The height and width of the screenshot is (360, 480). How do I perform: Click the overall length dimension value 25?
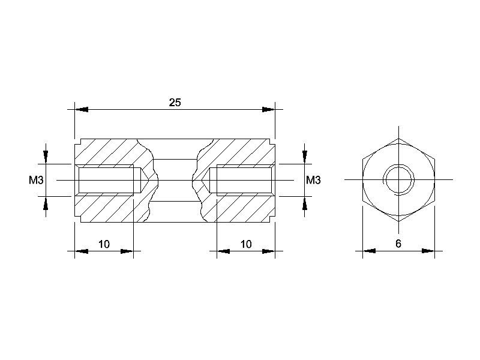(x=175, y=103)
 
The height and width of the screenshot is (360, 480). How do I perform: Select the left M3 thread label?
(x=36, y=181)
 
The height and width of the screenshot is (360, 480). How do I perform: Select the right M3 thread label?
(x=313, y=181)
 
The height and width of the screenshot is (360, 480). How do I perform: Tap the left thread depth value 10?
(x=104, y=244)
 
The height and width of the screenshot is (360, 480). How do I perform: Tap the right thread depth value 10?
(x=246, y=244)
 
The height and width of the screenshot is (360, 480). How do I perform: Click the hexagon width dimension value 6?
(x=398, y=244)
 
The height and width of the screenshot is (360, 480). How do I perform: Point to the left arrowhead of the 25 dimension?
(x=82, y=109)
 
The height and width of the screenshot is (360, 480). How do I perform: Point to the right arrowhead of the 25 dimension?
(x=268, y=109)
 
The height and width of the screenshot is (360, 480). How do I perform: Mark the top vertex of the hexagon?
(x=398, y=139)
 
